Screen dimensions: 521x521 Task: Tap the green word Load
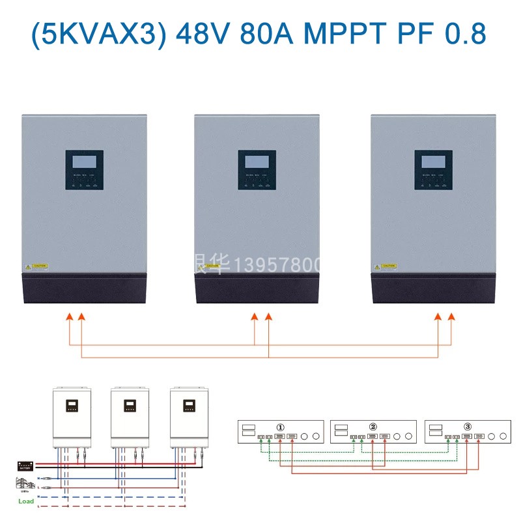click(x=26, y=501)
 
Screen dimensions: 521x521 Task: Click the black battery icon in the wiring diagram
click(x=26, y=466)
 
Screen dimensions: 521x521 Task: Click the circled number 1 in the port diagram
click(x=281, y=427)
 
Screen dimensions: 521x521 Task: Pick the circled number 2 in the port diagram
click(x=373, y=427)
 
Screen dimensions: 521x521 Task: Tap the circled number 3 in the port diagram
click(x=468, y=427)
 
